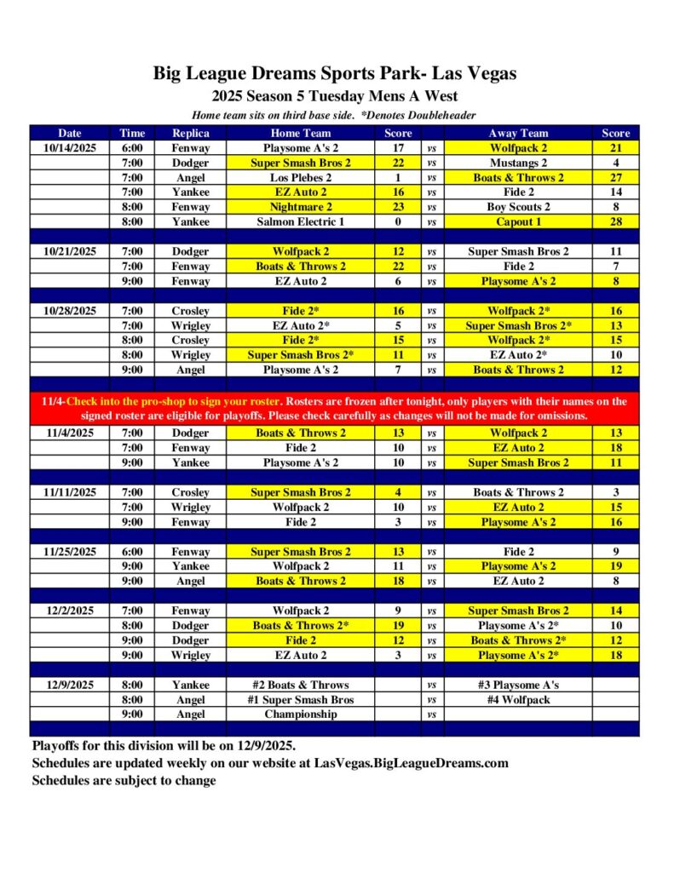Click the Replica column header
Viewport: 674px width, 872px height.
pyautogui.click(x=191, y=133)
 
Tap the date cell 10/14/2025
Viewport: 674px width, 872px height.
pyautogui.click(x=70, y=148)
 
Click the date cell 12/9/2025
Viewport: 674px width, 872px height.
pyautogui.click(x=70, y=685)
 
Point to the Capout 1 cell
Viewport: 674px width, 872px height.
pyautogui.click(x=518, y=221)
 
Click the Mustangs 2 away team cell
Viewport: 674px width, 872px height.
pyautogui.click(x=518, y=163)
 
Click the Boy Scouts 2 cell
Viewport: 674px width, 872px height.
pyautogui.click(x=518, y=207)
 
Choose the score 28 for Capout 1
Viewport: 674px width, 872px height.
pyautogui.click(x=615, y=221)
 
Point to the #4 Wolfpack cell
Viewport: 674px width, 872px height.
pyautogui.click(x=518, y=700)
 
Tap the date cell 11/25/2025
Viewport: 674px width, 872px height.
pyautogui.click(x=70, y=552)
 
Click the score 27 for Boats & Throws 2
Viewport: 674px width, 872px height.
pyautogui.click(x=615, y=177)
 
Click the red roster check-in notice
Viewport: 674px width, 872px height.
pyautogui.click(x=334, y=408)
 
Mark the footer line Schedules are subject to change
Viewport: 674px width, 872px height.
pyautogui.click(x=124, y=780)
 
